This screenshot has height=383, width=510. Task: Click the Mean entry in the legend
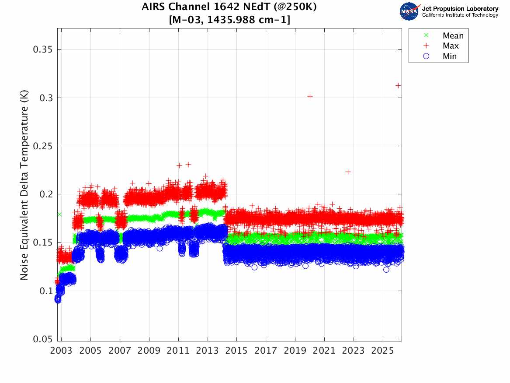pyautogui.click(x=453, y=35)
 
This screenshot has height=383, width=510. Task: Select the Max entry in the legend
pyautogui.click(x=451, y=46)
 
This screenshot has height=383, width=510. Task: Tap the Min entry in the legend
pyautogui.click(x=450, y=56)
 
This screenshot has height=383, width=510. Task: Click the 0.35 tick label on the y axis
pyautogui.click(x=43, y=49)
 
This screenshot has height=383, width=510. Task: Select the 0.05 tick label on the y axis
pyautogui.click(x=43, y=339)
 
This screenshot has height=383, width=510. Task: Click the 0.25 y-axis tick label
pyautogui.click(x=43, y=146)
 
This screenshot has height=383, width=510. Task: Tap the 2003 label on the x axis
pyautogui.click(x=62, y=351)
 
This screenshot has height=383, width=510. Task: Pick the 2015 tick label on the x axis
pyautogui.click(x=236, y=351)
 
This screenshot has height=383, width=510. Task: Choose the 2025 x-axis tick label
pyautogui.click(x=382, y=351)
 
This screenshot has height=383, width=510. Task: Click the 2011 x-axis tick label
pyautogui.click(x=178, y=351)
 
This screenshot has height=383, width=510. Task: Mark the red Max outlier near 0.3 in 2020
pyautogui.click(x=310, y=96)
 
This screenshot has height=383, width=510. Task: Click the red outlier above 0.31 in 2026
pyautogui.click(x=398, y=85)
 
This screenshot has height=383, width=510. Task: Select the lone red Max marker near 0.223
pyautogui.click(x=348, y=172)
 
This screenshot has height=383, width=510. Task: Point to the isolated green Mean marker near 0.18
pyautogui.click(x=59, y=214)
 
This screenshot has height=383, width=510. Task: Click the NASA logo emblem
pyautogui.click(x=409, y=11)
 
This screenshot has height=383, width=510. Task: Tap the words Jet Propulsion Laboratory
pyautogui.click(x=460, y=9)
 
